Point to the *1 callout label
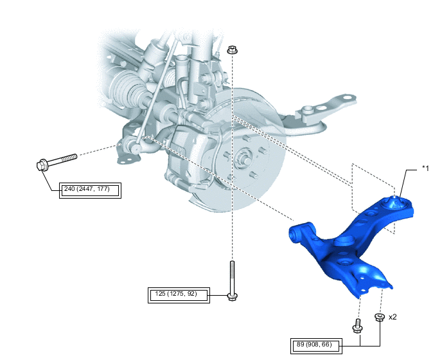tap(425, 168)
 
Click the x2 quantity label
tap(393, 317)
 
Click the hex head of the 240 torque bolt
tap(42, 165)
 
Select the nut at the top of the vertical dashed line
tap(232, 50)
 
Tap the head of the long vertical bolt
tap(233, 296)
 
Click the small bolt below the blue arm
tap(357, 326)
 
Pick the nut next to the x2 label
tap(380, 317)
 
